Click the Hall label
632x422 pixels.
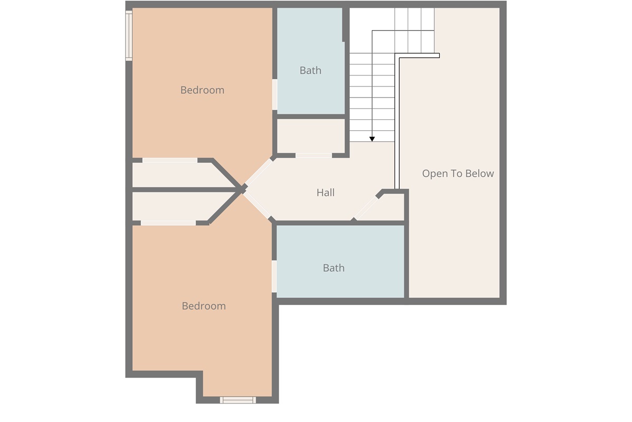[325, 193]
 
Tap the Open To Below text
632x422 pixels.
[458, 174]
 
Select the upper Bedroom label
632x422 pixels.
[202, 90]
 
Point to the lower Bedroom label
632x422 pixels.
[204, 306]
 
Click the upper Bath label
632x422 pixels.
[310, 70]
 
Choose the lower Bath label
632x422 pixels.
[334, 268]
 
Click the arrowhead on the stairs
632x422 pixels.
[372, 139]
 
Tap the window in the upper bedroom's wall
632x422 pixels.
[129, 36]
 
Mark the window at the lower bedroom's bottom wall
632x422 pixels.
[238, 400]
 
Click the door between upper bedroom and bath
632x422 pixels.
[274, 94]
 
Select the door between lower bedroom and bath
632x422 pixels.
[274, 276]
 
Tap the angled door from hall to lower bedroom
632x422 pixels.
[257, 205]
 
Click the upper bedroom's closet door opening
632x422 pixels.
[170, 160]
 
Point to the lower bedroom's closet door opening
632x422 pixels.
[168, 223]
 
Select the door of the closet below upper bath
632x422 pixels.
[313, 156]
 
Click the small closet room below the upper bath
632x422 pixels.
[311, 136]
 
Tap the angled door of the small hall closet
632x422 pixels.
[366, 208]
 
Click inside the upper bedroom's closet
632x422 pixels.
[181, 175]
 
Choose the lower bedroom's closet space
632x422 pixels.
[181, 206]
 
